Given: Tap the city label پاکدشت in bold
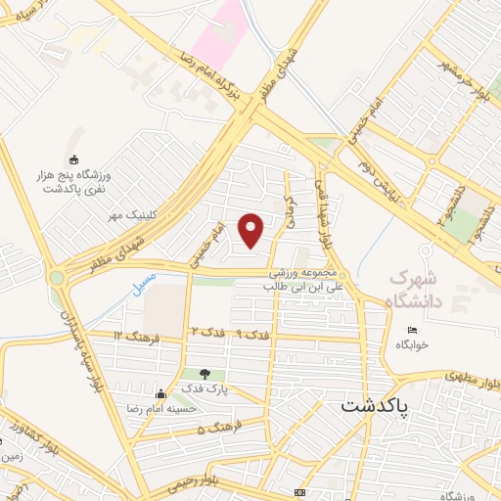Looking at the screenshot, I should tap(377, 406).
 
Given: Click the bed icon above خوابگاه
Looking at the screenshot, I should tap(412, 329).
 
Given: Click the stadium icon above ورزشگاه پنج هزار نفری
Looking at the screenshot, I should tap(72, 159).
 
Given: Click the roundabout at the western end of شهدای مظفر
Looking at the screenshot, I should tap(58, 278).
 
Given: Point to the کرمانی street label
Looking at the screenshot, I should tap(290, 207).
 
